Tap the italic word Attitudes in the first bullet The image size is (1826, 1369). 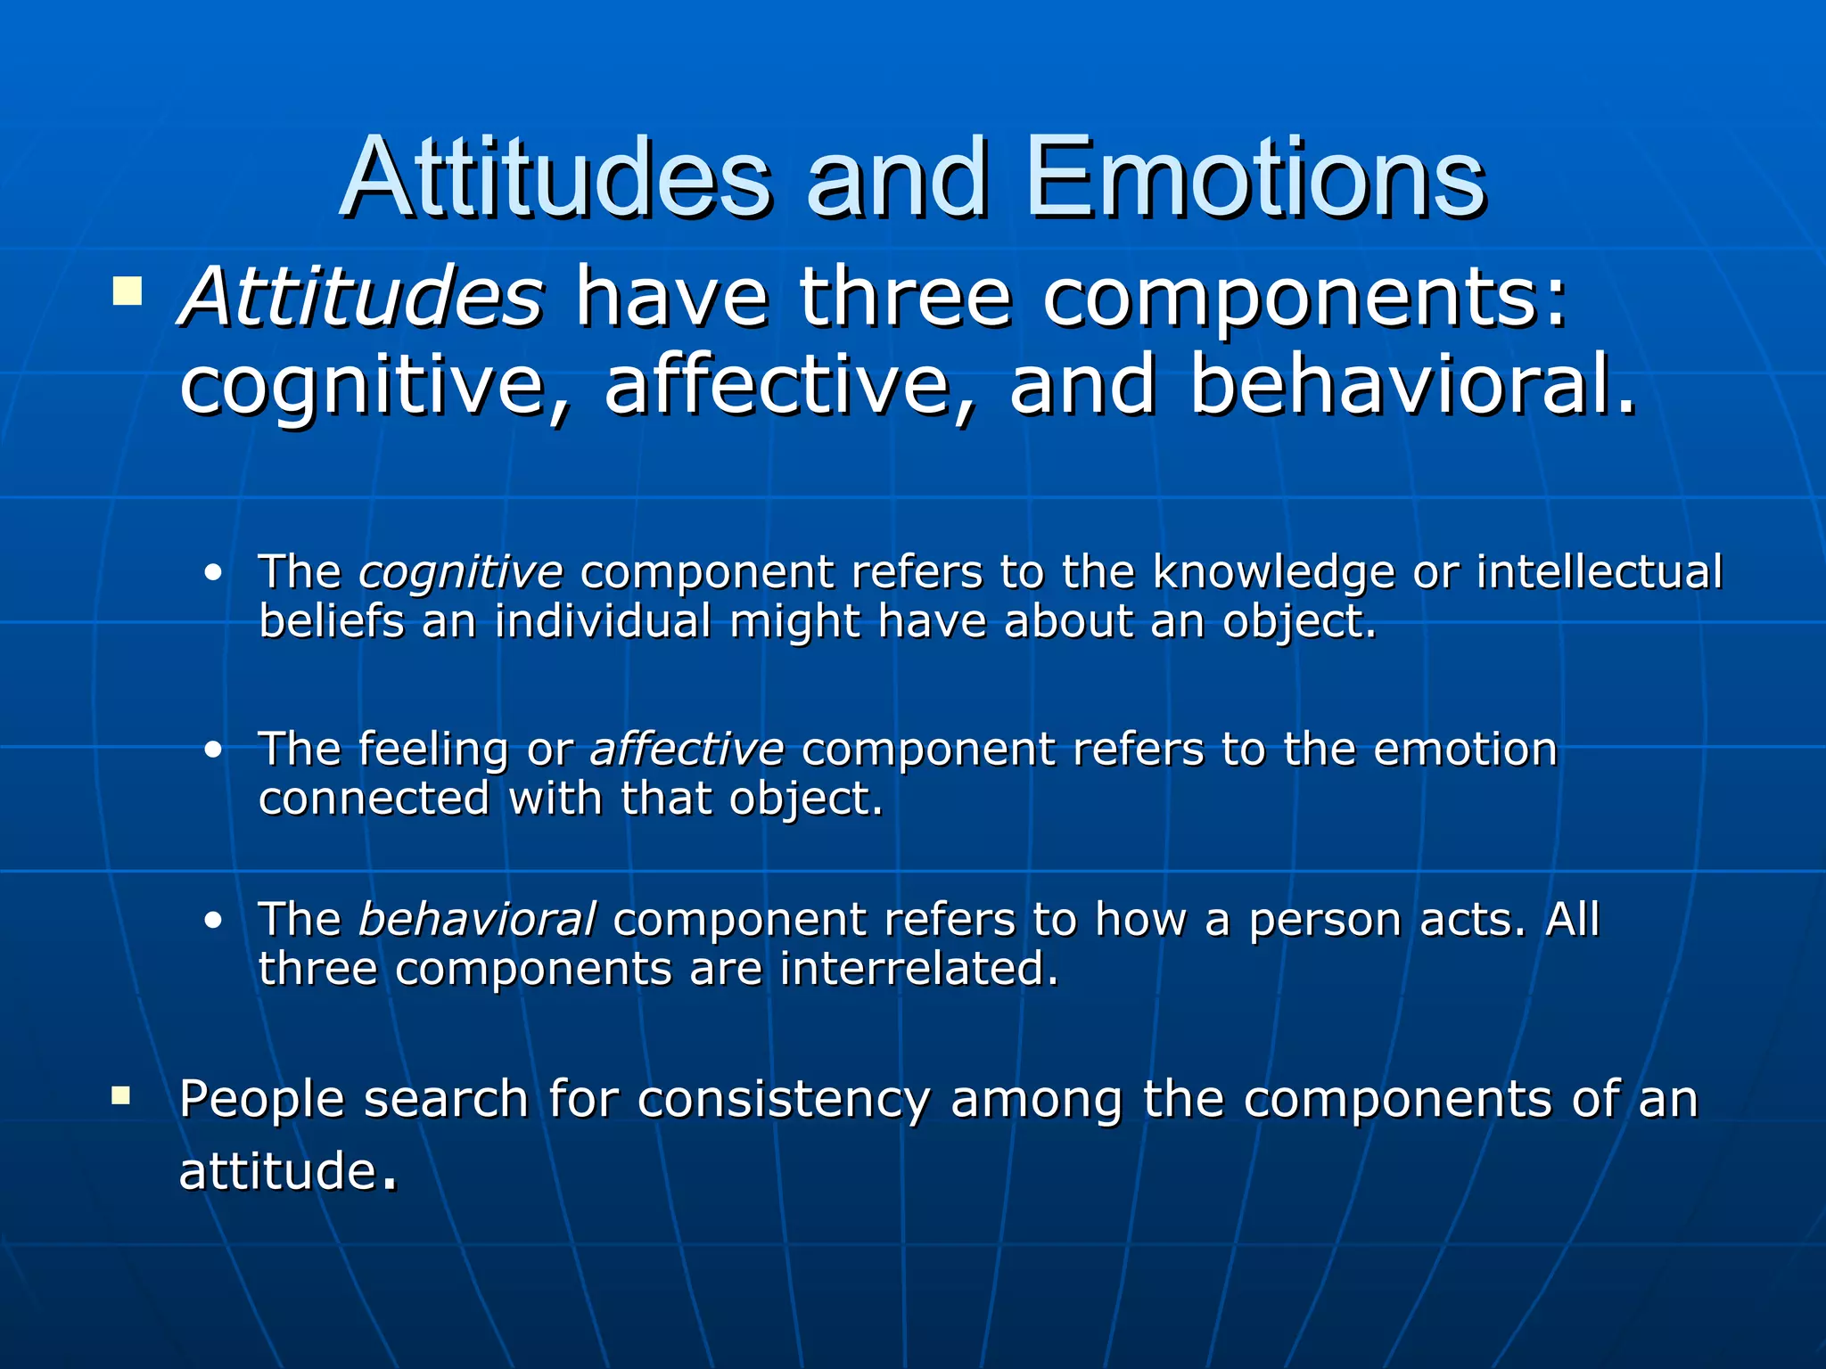pos(362,297)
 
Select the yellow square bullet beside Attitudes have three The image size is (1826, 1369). pos(127,291)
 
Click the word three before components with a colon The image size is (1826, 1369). pos(905,297)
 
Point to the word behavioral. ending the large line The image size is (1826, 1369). pos(1413,385)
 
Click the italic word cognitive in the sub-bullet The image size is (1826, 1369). pos(460,572)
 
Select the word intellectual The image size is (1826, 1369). pos(1599,572)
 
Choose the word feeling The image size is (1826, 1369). pos(433,750)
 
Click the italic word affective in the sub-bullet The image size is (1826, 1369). pos(687,750)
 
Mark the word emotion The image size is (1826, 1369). pos(1465,750)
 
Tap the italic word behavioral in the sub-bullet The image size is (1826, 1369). pos(476,920)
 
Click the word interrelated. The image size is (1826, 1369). pos(918,969)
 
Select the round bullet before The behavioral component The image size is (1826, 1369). pos(212,921)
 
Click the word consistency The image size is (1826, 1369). pos(784,1100)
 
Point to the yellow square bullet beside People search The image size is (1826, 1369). pos(121,1094)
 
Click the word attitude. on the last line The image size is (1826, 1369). pos(287,1171)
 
